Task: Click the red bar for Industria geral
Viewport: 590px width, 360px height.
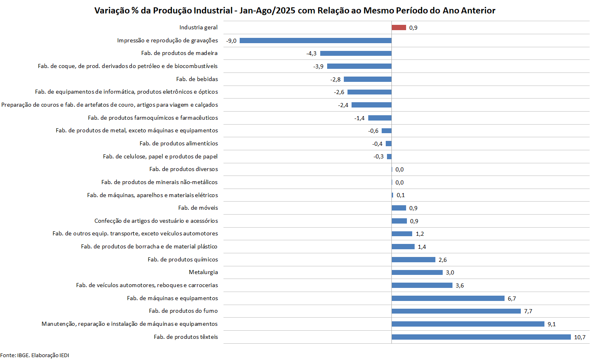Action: click(x=399, y=28)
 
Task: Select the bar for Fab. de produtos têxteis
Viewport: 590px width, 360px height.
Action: click(x=481, y=337)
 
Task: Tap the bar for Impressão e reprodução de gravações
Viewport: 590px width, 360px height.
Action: click(x=315, y=41)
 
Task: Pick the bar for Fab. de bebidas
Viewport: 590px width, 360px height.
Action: click(x=367, y=79)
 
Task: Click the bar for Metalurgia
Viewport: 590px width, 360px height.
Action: click(x=417, y=272)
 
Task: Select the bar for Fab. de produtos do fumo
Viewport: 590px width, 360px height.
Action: click(x=456, y=311)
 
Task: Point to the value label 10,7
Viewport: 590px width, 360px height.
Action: click(x=580, y=337)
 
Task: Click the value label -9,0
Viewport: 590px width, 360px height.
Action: click(x=232, y=41)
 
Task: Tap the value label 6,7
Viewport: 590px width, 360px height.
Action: click(x=512, y=299)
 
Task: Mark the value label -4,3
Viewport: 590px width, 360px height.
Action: click(x=311, y=53)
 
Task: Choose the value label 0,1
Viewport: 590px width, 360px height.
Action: click(x=401, y=195)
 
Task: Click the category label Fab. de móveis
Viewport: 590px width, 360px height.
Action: click(x=198, y=208)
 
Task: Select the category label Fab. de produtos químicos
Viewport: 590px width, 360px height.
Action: click(x=183, y=259)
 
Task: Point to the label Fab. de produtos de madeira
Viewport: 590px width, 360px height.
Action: click(x=179, y=53)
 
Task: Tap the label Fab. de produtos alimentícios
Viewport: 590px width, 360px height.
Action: click(x=179, y=143)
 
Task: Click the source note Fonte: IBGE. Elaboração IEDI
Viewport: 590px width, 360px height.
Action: click(x=35, y=355)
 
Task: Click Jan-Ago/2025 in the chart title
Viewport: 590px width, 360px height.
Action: click(x=267, y=11)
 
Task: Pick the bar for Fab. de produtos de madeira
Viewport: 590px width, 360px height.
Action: click(x=356, y=53)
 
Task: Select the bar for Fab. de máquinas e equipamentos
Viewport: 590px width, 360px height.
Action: click(x=448, y=299)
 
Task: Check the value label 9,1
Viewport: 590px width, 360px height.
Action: click(x=552, y=324)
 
